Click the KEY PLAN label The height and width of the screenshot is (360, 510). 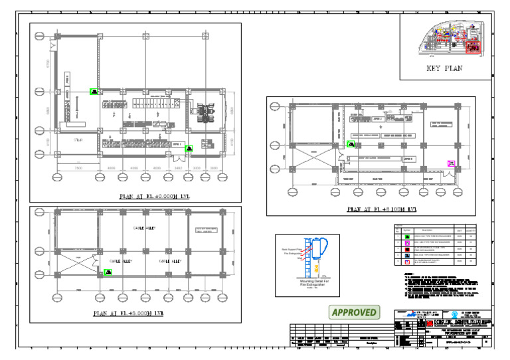[x=444, y=68]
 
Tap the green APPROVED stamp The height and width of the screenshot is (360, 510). [x=355, y=312]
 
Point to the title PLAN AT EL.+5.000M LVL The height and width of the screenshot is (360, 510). [x=131, y=313]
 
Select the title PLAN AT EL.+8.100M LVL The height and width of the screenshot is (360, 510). [x=382, y=209]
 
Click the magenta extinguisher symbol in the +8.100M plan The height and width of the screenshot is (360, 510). [x=451, y=163]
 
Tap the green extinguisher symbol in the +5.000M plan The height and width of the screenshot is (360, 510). [x=107, y=272]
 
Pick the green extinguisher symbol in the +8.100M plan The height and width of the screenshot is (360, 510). [x=351, y=143]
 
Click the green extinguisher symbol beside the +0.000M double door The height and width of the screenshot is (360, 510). [x=189, y=149]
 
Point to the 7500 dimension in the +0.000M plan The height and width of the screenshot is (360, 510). [x=78, y=168]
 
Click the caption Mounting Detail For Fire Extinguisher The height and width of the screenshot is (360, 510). [x=307, y=284]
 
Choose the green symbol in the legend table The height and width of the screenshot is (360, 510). [x=406, y=236]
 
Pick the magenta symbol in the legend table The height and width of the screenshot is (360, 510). [x=406, y=244]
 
